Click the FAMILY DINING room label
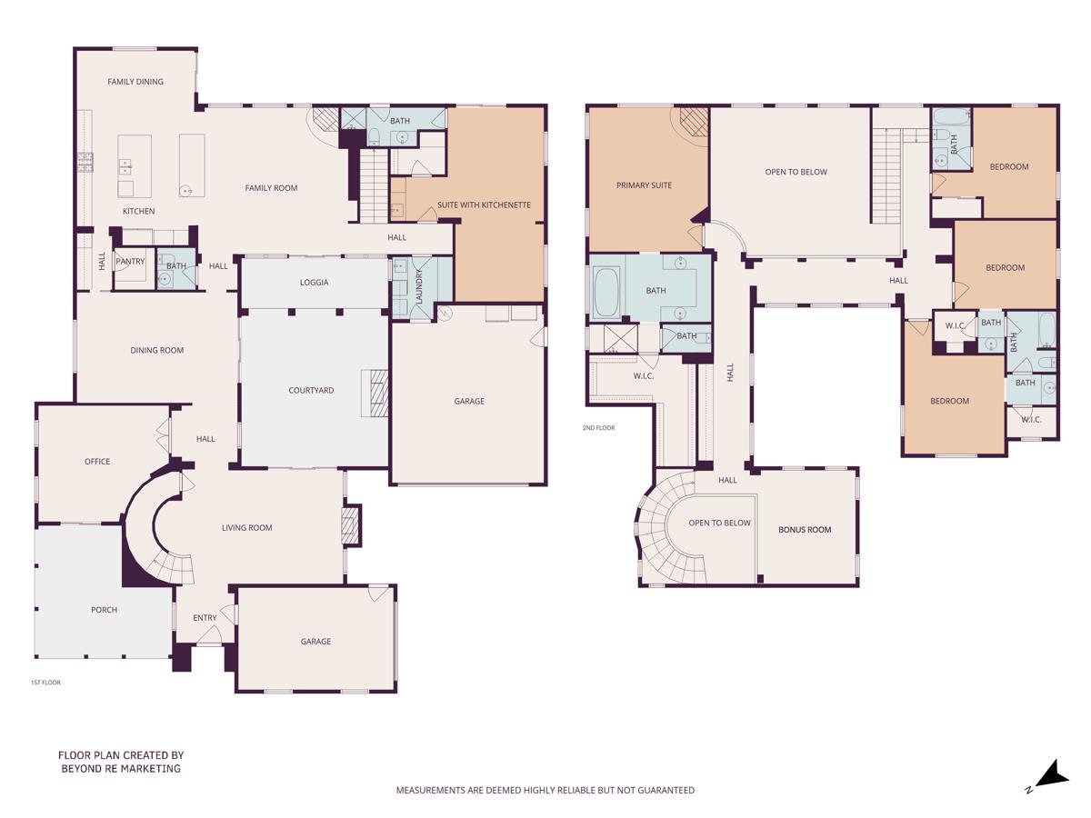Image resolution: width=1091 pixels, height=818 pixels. [x=135, y=82]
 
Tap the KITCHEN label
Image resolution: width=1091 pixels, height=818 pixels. [x=139, y=212]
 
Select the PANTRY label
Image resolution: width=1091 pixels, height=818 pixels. [x=130, y=262]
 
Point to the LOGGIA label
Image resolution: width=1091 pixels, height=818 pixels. [x=314, y=283]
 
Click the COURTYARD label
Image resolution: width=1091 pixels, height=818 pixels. [x=311, y=391]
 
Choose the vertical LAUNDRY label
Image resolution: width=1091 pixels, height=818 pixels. [x=419, y=286]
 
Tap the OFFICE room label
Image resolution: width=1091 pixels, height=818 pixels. [x=97, y=462]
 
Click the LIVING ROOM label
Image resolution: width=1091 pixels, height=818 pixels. [x=247, y=528]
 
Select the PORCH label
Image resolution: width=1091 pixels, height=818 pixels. [x=105, y=610]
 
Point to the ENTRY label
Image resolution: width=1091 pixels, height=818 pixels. [x=205, y=618]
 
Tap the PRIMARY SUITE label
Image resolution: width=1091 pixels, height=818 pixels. [x=644, y=185]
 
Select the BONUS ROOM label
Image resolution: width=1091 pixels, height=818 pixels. [x=805, y=530]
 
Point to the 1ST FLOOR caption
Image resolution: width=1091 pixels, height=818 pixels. [x=45, y=682]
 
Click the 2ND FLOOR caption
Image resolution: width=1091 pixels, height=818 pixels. [x=599, y=427]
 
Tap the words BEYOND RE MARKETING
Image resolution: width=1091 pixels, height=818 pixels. [x=121, y=769]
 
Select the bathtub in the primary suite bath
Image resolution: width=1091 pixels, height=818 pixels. [x=606, y=292]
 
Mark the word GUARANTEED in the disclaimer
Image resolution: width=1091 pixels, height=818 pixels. [x=661, y=791]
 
